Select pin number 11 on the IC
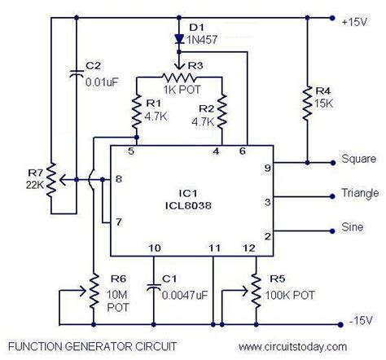[x=213, y=246]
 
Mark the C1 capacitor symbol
[x=152, y=287]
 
